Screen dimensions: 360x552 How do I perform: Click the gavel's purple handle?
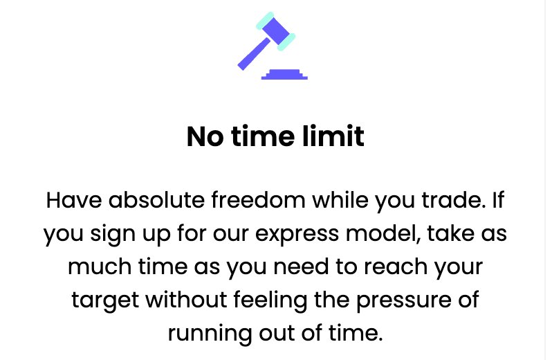252,55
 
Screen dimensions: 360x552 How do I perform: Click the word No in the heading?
204,136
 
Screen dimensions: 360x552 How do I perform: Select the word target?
102,301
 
